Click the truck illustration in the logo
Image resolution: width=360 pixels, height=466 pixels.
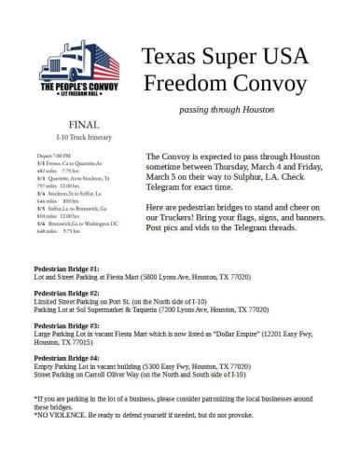coord(78,60)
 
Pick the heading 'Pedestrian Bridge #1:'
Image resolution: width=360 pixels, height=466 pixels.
coord(66,267)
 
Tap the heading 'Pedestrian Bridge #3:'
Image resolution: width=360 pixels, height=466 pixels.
coord(66,325)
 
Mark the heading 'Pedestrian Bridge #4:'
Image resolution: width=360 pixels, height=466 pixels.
coord(66,358)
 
